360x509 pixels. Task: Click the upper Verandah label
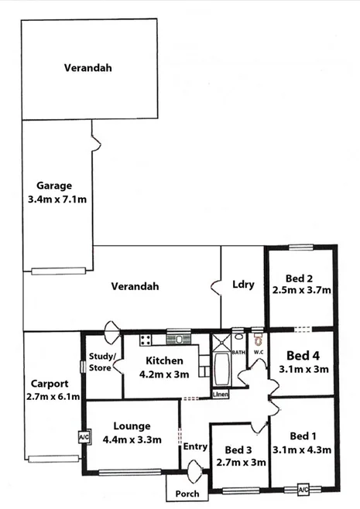point(87,67)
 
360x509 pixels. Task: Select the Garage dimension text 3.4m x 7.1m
point(55,200)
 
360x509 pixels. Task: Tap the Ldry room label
point(243,284)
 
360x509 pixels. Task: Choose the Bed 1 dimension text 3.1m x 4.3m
point(302,449)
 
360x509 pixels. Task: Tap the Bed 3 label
point(238,449)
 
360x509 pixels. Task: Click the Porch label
point(187,493)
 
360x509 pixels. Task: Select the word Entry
point(194,446)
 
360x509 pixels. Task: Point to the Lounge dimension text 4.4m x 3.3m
point(132,440)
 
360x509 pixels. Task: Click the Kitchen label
point(164,361)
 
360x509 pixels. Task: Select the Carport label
point(50,383)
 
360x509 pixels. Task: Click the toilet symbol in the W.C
point(259,339)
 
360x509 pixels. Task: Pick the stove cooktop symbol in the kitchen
point(145,340)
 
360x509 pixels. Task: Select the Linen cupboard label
point(221,395)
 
